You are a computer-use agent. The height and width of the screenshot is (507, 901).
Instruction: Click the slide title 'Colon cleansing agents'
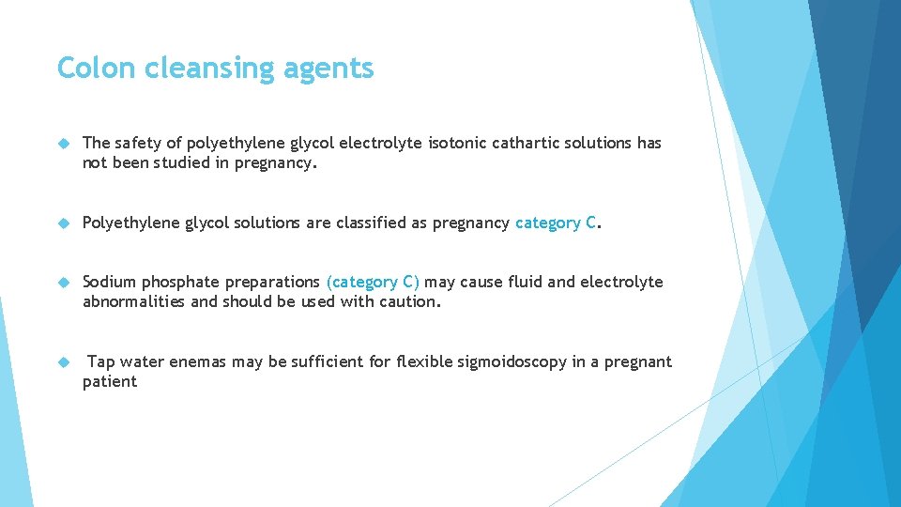215,69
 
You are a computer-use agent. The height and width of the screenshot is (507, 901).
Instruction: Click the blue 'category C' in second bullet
556,223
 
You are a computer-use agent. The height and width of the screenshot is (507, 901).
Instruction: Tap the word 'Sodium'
109,282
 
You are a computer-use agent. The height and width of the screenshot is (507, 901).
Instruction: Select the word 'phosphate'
178,283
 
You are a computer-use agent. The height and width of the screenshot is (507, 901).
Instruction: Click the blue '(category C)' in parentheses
373,282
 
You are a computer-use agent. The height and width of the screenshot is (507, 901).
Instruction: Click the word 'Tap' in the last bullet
101,361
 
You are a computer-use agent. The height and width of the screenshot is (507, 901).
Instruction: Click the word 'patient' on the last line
110,381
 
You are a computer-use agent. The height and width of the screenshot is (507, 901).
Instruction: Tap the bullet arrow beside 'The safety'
64,144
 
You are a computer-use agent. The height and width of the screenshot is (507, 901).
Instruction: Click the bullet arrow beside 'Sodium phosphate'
64,283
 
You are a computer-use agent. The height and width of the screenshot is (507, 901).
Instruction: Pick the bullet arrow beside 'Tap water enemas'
64,362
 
